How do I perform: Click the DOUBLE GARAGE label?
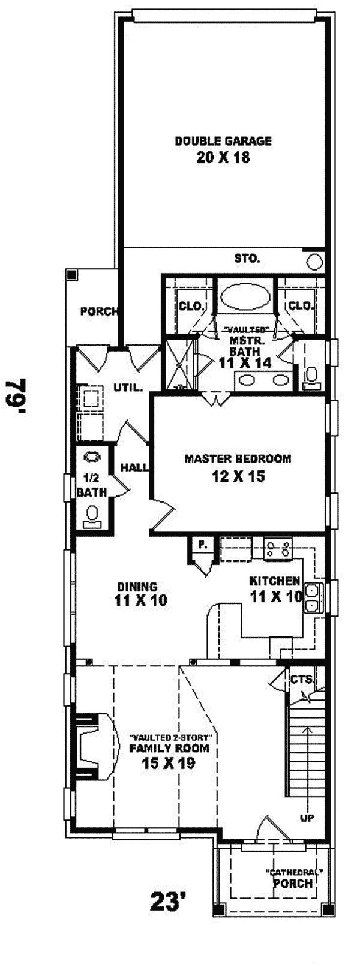pos(223,142)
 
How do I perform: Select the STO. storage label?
pos(247,259)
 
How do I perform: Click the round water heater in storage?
pos(314,261)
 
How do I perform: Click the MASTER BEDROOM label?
pos(238,459)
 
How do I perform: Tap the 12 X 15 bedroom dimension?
pos(238,476)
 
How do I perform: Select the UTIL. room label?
pos(128,388)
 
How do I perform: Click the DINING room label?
pos(137,587)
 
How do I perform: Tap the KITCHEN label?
pos(274,581)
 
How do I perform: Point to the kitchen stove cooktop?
pos(279,548)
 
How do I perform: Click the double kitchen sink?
pos(313,597)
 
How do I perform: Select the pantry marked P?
pos(203,545)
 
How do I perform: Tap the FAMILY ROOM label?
pos(169,748)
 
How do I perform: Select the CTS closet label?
pos(301,680)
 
